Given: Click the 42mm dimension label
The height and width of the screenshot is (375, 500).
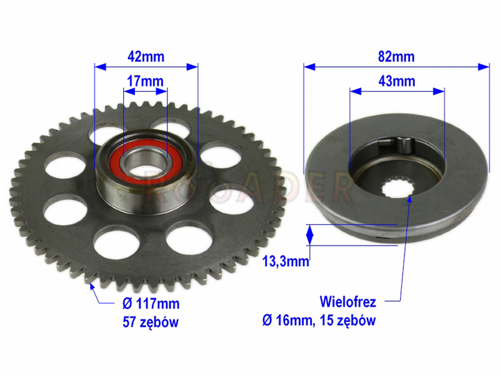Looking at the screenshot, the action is click(146, 57).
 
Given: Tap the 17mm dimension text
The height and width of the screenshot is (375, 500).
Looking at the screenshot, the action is click(145, 81).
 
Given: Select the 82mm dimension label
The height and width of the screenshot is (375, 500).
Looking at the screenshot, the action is click(396, 56).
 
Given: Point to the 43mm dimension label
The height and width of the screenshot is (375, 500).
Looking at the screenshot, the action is click(397, 81).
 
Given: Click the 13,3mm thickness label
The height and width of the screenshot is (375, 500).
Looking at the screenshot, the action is click(286, 261).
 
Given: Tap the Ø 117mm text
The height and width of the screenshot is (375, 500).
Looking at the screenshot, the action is click(151, 304).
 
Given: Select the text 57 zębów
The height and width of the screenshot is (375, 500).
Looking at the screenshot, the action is click(151, 322).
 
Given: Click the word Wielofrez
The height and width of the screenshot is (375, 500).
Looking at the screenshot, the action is click(348, 302).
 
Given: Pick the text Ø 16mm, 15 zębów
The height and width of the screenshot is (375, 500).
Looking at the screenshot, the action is click(319, 320).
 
